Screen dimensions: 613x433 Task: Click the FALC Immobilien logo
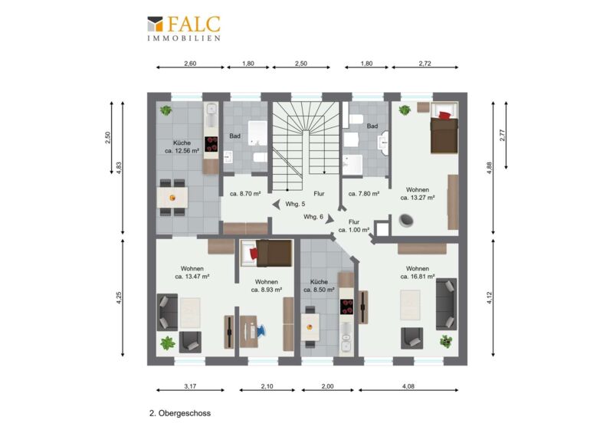184,28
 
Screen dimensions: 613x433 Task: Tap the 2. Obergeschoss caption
180,413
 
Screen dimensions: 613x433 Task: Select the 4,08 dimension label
408,386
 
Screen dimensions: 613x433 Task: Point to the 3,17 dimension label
190,386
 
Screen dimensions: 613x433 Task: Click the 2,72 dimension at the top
425,64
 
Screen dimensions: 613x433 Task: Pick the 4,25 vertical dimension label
120,297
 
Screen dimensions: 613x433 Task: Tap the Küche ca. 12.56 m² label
182,146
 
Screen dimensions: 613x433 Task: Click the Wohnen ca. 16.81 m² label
418,272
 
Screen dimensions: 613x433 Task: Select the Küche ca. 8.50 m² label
319,286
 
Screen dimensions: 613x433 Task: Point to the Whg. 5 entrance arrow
277,204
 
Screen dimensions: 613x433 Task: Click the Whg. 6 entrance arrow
329,218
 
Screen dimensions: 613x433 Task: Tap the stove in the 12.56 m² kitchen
211,144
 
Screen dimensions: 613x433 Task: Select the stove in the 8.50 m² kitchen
347,307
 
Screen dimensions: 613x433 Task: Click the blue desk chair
261,331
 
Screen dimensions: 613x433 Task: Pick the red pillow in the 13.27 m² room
444,115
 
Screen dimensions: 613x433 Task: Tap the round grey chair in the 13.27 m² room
406,221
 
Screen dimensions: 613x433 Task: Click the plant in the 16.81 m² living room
446,342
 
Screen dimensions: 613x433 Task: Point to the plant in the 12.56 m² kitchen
166,110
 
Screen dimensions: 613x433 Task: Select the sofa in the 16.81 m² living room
447,304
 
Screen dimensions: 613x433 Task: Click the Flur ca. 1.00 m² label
354,225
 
